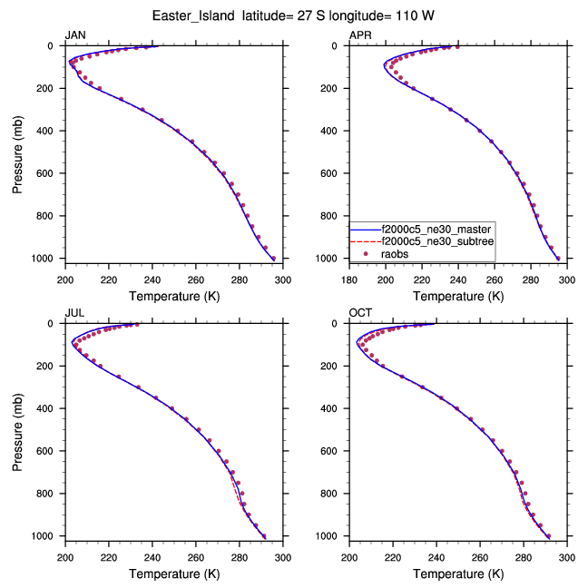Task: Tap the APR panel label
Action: click(x=360, y=35)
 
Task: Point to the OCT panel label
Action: click(x=360, y=313)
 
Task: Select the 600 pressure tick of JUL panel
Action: click(x=50, y=451)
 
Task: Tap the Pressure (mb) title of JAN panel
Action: click(x=19, y=152)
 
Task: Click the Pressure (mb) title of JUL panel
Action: click(x=19, y=430)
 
